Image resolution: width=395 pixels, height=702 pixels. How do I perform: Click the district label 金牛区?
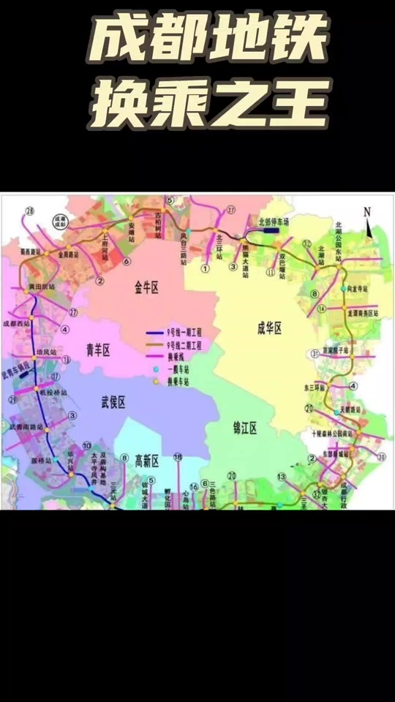[146, 288]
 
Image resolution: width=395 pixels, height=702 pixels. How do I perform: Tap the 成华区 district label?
[270, 328]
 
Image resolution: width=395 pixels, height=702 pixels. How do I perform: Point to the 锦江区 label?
[244, 429]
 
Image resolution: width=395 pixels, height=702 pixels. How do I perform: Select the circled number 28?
[29, 211]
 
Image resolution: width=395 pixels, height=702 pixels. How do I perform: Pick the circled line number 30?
[381, 457]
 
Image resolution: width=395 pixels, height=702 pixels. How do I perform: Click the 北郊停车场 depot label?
[274, 220]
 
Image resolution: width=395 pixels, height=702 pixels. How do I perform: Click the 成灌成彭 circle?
[60, 219]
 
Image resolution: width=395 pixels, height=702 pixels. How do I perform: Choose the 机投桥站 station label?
[53, 393]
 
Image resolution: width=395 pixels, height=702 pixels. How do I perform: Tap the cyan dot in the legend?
[155, 371]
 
